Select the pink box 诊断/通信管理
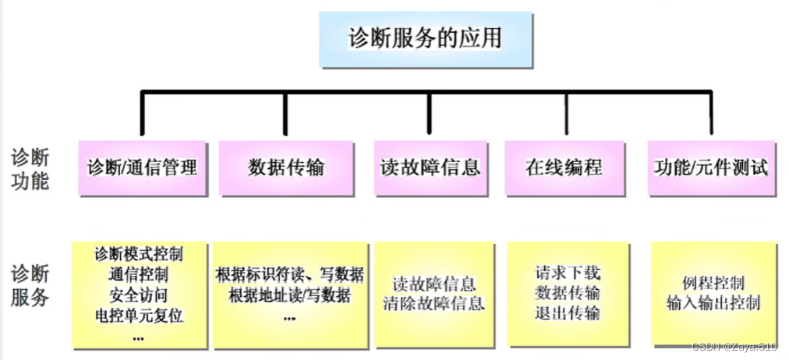pyautogui.click(x=142, y=167)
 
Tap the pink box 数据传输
pyautogui.click(x=286, y=167)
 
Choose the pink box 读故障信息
pyautogui.click(x=430, y=167)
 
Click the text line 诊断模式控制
pyautogui.click(x=139, y=254)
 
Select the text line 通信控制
pyautogui.click(x=139, y=274)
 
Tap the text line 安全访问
pyautogui.click(x=139, y=295)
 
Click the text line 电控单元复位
pyautogui.click(x=139, y=316)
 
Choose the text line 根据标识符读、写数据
pyautogui.click(x=289, y=274)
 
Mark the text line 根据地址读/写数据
pyautogui.click(x=289, y=295)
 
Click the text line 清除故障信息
pyautogui.click(x=433, y=303)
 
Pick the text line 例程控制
pyautogui.click(x=713, y=281)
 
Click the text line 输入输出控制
pyautogui.click(x=713, y=302)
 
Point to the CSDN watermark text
pyautogui.click(x=734, y=347)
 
